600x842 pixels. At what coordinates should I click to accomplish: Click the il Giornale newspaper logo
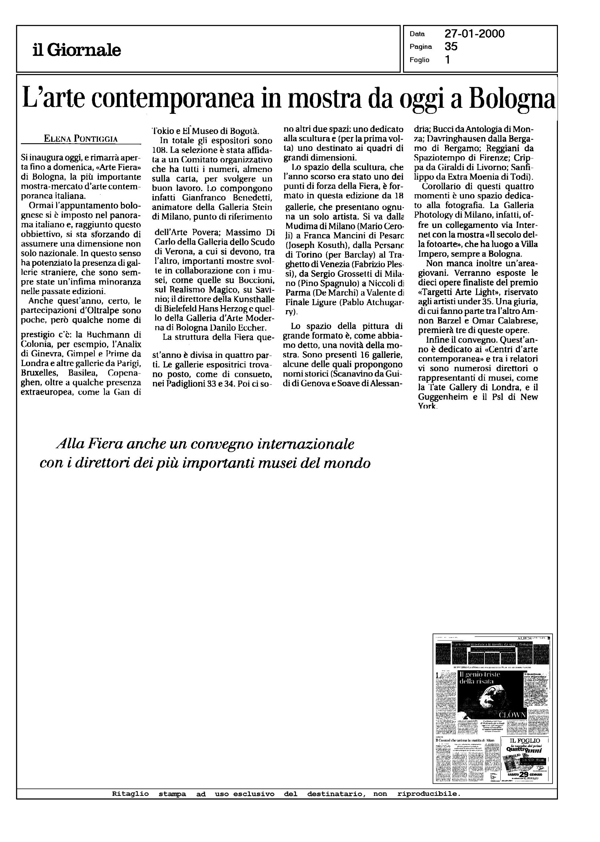point(76,50)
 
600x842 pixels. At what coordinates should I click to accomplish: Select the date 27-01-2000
point(474,34)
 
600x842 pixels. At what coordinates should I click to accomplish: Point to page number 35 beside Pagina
point(451,46)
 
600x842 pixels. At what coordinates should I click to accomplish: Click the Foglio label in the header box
point(419,60)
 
